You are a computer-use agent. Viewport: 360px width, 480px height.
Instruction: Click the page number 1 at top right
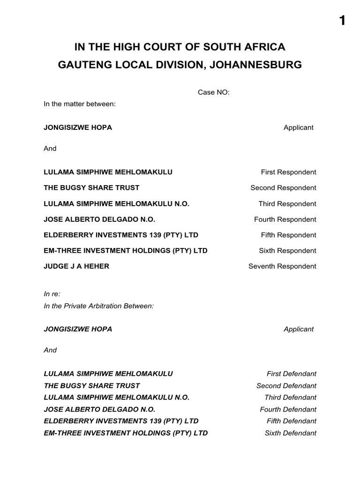point(343,21)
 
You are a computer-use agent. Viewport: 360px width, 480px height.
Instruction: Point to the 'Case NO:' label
point(214,92)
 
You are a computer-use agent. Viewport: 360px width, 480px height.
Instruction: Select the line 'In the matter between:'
point(80,104)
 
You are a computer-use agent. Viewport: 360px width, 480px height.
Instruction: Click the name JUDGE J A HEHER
point(76,266)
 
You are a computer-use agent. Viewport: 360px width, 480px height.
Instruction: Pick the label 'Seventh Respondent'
point(282,266)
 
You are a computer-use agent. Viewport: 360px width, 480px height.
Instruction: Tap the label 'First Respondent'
point(288,172)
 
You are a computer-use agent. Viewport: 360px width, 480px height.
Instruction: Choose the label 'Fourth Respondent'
point(285,219)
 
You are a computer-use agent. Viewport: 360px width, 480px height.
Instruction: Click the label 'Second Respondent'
point(283,188)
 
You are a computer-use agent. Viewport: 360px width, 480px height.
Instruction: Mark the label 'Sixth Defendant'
point(290,433)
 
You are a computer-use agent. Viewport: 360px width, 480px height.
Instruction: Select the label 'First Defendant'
point(291,374)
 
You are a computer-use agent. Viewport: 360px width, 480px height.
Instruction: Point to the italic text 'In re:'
point(52,294)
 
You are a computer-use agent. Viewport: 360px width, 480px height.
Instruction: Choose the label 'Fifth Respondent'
point(288,235)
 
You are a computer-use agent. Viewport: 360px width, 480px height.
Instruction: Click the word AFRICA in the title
point(268,47)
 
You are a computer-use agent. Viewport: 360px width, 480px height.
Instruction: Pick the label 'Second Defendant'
point(286,386)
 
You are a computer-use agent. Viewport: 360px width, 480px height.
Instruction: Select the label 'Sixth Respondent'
point(287,251)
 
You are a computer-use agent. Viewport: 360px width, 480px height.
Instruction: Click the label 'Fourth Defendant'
point(288,410)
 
